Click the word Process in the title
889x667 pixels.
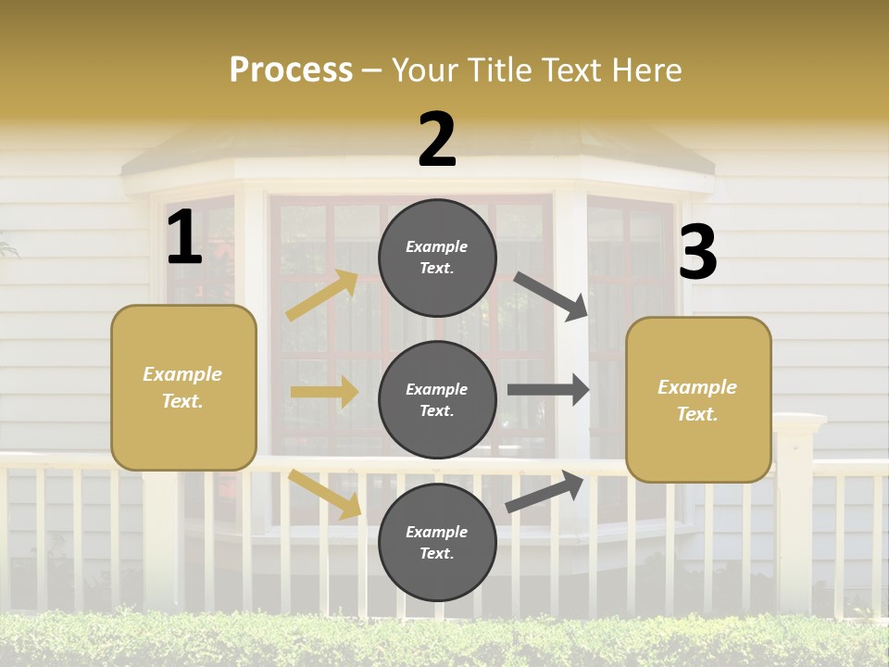click(291, 69)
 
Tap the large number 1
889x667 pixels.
click(184, 237)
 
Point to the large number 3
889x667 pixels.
click(697, 252)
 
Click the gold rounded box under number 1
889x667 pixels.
click(183, 387)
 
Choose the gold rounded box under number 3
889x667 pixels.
click(698, 400)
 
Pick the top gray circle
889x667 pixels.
click(437, 258)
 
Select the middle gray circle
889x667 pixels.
click(437, 399)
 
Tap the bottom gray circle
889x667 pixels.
click(437, 542)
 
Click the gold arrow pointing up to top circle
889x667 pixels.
click(322, 295)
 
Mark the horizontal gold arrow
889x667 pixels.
click(324, 392)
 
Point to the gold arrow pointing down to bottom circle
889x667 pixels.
click(325, 494)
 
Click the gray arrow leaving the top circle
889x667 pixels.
click(552, 296)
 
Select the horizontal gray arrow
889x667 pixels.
click(548, 390)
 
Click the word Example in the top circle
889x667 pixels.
click(437, 246)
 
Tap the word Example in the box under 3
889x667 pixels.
click(697, 387)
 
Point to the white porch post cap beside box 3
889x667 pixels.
click(798, 423)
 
